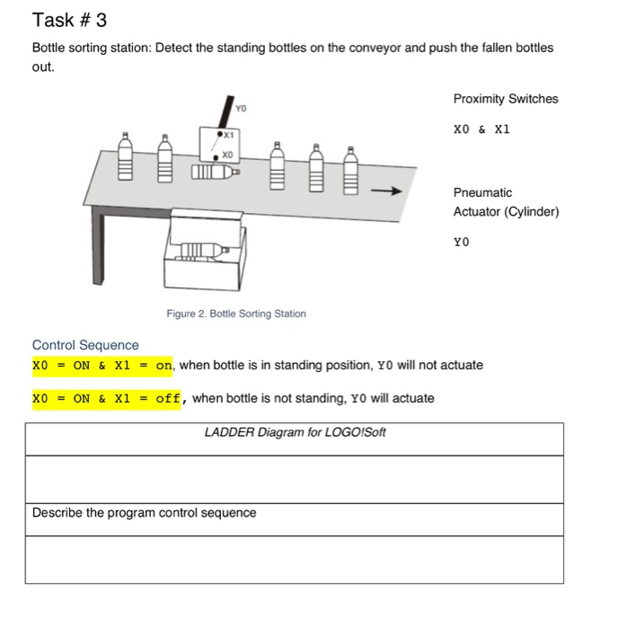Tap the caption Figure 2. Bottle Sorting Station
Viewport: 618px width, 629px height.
(x=235, y=314)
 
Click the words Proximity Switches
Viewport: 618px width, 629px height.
(x=505, y=99)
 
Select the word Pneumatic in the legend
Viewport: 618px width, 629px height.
(x=482, y=192)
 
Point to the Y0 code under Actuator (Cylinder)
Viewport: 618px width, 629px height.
(x=461, y=242)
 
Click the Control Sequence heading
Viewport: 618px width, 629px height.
(x=85, y=345)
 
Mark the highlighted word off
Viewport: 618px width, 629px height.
(x=169, y=398)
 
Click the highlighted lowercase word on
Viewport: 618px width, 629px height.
(x=163, y=366)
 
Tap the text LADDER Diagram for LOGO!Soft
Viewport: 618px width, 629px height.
(x=295, y=432)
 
